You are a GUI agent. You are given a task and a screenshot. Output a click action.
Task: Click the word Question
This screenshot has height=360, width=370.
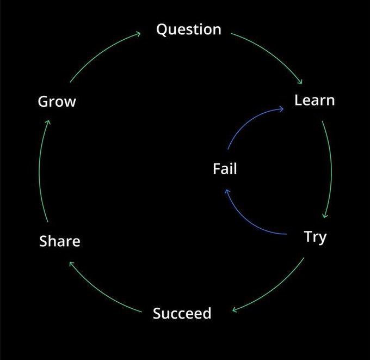tap(188, 29)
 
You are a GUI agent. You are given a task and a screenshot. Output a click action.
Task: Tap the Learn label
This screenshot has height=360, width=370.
tap(314, 101)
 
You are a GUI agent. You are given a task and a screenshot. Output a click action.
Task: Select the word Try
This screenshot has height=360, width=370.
tap(315, 237)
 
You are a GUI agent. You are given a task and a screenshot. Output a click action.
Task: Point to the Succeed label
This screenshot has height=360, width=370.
tap(182, 314)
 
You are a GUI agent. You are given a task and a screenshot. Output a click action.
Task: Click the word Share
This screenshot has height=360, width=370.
tap(60, 241)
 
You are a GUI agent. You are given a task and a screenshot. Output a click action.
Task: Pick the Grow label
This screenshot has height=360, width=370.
tap(57, 102)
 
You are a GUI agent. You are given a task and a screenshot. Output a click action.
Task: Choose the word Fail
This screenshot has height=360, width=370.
tap(225, 169)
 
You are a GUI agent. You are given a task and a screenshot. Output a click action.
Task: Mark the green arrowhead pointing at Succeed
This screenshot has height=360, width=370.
tap(234, 311)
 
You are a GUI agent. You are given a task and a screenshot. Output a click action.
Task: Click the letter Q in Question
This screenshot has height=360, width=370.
tap(162, 29)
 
